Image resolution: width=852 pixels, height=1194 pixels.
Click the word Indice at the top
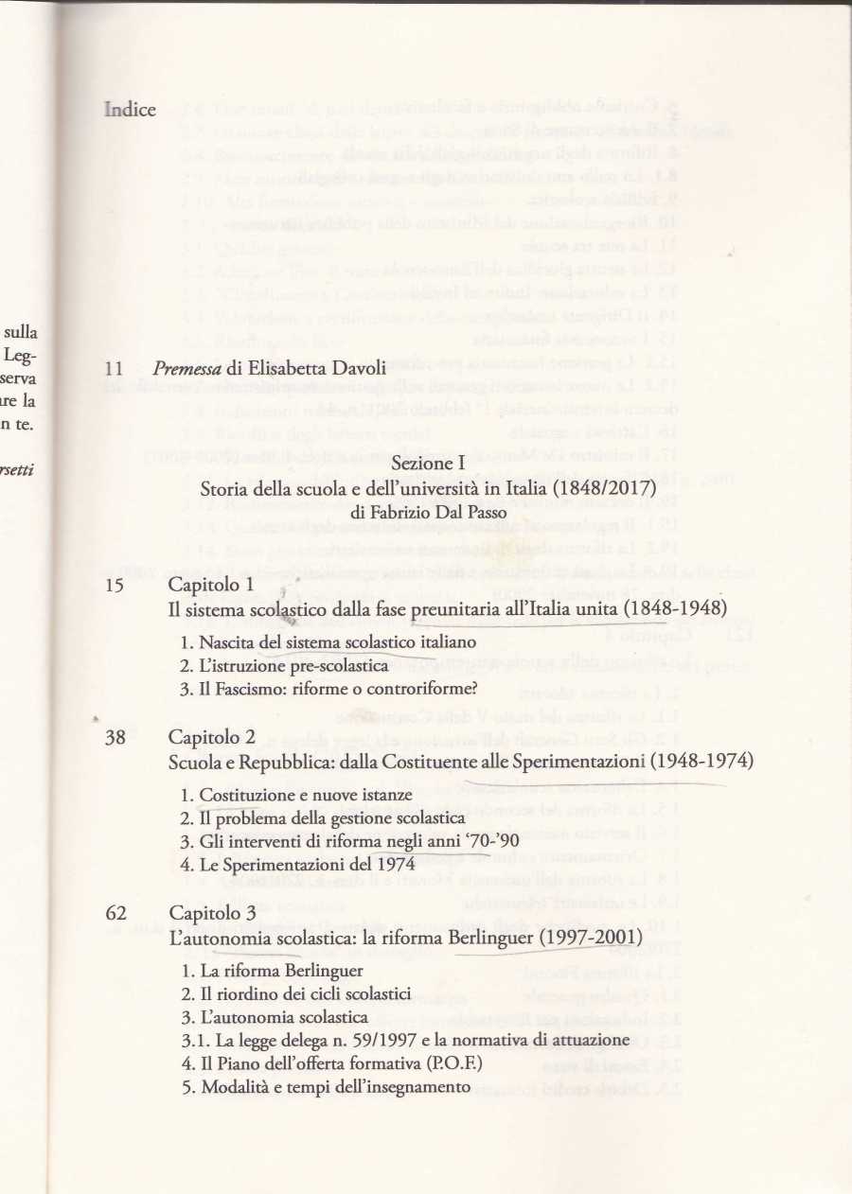point(130,110)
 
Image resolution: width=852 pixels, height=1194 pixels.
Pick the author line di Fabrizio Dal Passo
point(428,511)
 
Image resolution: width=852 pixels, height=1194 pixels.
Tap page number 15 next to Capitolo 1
point(115,585)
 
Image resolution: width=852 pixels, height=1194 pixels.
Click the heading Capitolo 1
point(211,585)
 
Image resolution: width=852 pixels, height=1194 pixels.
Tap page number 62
point(115,914)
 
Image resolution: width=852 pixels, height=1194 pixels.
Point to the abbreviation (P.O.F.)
point(451,1063)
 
